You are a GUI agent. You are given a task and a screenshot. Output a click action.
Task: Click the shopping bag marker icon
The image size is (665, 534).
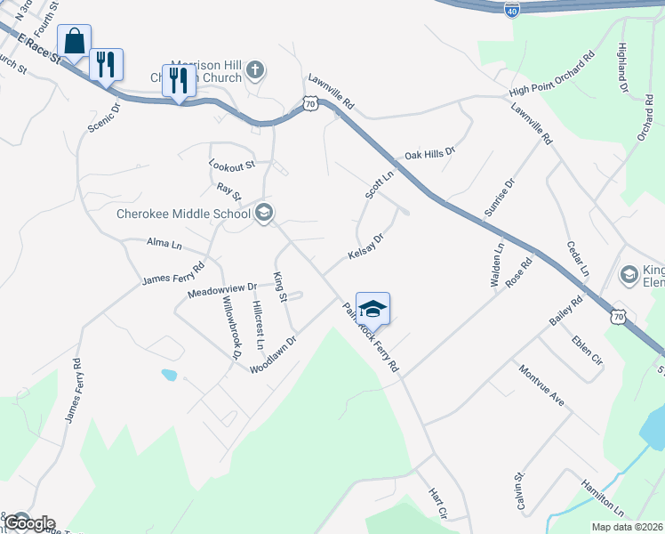pyautogui.click(x=74, y=40)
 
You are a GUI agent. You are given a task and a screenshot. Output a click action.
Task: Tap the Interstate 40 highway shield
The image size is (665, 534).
pyautogui.click(x=511, y=10)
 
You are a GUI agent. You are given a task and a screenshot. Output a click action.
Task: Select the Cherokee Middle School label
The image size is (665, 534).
pyautogui.click(x=184, y=214)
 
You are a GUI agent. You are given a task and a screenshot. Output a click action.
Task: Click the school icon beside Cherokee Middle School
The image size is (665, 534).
pyautogui.click(x=264, y=213)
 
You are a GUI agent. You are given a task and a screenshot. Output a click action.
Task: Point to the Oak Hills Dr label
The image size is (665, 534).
pyautogui.click(x=429, y=154)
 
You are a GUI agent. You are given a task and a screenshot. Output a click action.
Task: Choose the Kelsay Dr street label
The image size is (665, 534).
pyautogui.click(x=365, y=248)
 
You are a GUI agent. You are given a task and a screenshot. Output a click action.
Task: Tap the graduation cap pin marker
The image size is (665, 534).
pyautogui.click(x=373, y=309)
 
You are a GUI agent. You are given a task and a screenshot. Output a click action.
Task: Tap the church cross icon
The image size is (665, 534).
pyautogui.click(x=255, y=69)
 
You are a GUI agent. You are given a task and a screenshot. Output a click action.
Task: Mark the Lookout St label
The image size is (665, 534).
pyautogui.click(x=232, y=165)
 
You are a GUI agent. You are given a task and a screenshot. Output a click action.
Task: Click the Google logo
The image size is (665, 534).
pyautogui.click(x=28, y=523)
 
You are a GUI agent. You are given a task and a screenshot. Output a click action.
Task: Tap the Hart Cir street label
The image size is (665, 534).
pyautogui.click(x=437, y=503)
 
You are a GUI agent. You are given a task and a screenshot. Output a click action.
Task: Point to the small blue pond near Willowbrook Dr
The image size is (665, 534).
pyautogui.click(x=168, y=375)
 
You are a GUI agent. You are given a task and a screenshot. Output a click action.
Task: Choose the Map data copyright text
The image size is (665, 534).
pyautogui.click(x=628, y=527)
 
